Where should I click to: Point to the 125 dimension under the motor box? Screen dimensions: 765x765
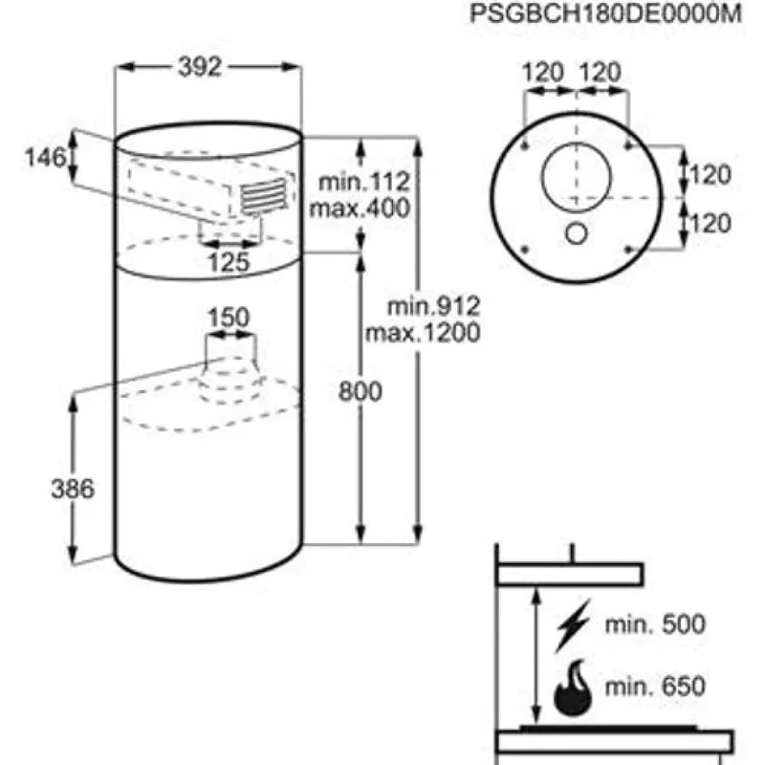point(229,261)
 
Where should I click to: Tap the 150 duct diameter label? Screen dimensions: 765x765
point(229,317)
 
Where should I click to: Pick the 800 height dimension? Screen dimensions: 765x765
point(361,390)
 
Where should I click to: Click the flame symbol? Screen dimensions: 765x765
point(574,688)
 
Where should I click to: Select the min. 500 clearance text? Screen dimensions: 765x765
point(654,625)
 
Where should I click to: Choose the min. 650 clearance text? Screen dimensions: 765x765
point(654,686)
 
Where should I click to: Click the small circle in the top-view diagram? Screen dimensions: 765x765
point(576,232)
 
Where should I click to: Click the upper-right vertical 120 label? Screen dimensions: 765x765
point(710,175)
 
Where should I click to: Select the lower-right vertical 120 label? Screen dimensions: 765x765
point(710,224)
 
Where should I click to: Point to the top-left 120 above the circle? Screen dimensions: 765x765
point(542,72)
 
